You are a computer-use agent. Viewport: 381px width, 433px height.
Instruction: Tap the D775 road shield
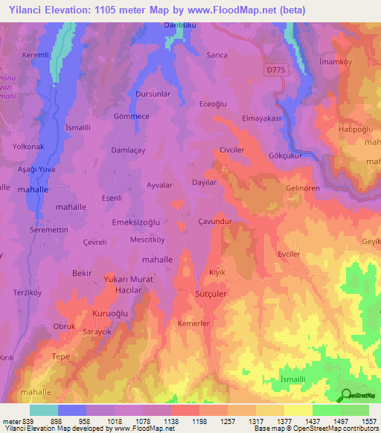click(275, 69)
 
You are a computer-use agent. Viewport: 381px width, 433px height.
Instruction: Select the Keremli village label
click(35, 56)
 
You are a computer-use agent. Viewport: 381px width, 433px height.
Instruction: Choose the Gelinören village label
click(302, 188)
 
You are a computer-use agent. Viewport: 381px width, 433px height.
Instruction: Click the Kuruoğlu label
click(111, 314)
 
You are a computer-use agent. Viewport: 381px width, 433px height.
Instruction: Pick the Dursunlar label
click(154, 94)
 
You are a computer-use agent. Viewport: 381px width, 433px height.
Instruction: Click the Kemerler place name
click(193, 324)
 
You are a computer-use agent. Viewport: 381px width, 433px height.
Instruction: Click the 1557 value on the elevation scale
click(369, 421)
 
